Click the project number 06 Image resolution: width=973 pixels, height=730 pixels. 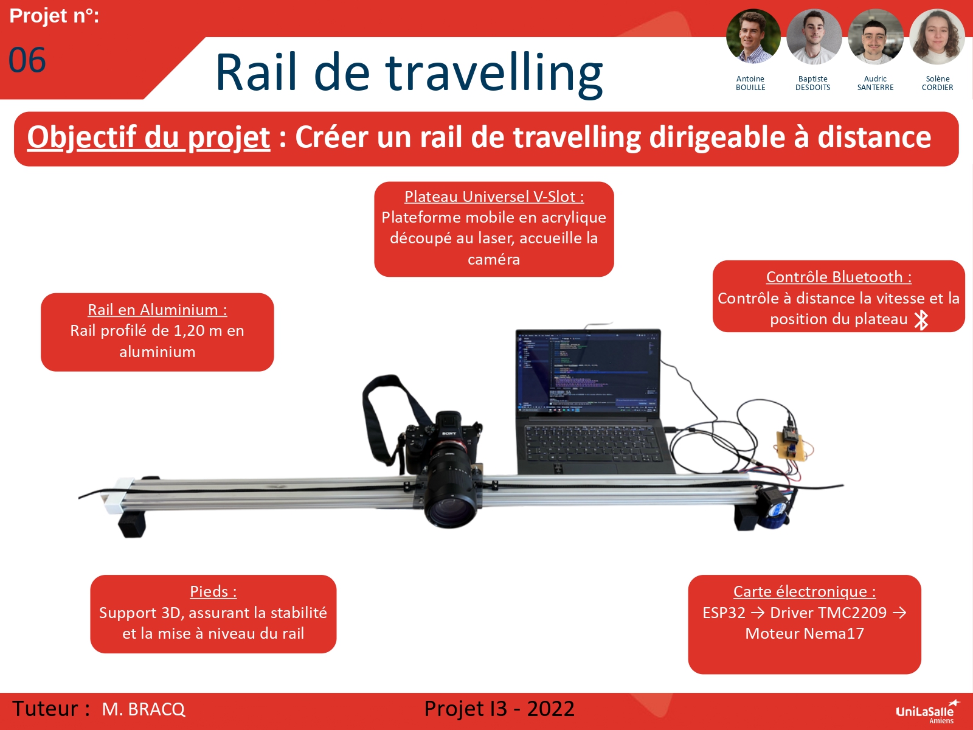(x=27, y=60)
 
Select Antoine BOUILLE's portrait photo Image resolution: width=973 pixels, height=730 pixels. (x=753, y=36)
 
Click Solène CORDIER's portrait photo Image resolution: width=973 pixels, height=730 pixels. (x=937, y=36)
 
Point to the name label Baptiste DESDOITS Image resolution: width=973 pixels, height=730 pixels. (x=812, y=83)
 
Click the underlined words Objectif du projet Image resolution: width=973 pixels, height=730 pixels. (x=148, y=137)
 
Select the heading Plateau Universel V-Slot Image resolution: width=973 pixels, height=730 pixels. (x=494, y=196)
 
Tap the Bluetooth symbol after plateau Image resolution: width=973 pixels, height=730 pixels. (x=921, y=319)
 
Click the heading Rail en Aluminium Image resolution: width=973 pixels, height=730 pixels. (x=157, y=310)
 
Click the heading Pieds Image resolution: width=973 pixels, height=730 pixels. (x=213, y=591)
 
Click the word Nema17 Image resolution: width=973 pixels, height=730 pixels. (x=834, y=633)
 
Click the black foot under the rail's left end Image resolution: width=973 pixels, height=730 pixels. (x=132, y=523)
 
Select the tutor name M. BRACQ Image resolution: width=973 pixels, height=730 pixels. (x=144, y=709)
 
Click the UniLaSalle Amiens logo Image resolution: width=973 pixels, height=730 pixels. (x=926, y=712)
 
